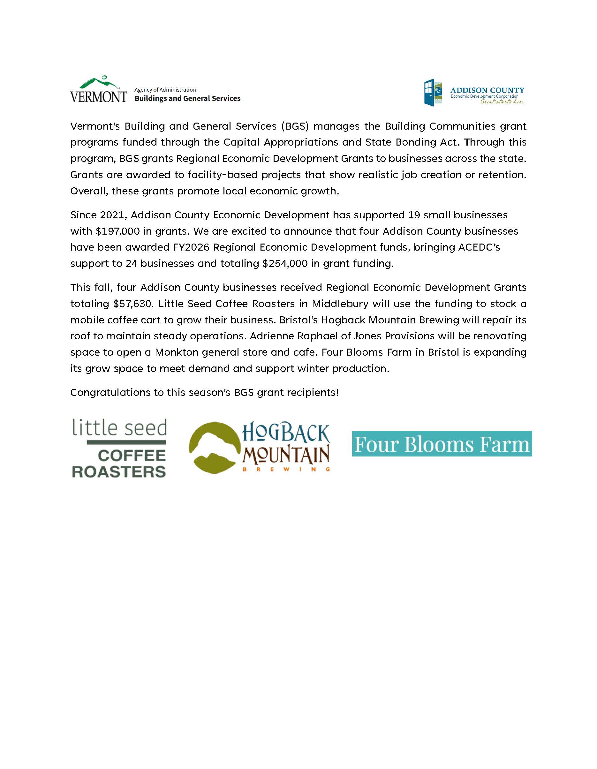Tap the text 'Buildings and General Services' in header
(x=187, y=99)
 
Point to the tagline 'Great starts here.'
(x=503, y=102)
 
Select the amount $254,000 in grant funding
(x=285, y=263)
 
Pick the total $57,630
(x=134, y=304)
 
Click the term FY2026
(x=191, y=247)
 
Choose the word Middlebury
(x=340, y=304)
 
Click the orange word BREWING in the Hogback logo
(x=286, y=469)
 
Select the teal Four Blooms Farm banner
(x=442, y=444)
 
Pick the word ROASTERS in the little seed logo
(x=119, y=472)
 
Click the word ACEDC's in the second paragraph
(x=479, y=247)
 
